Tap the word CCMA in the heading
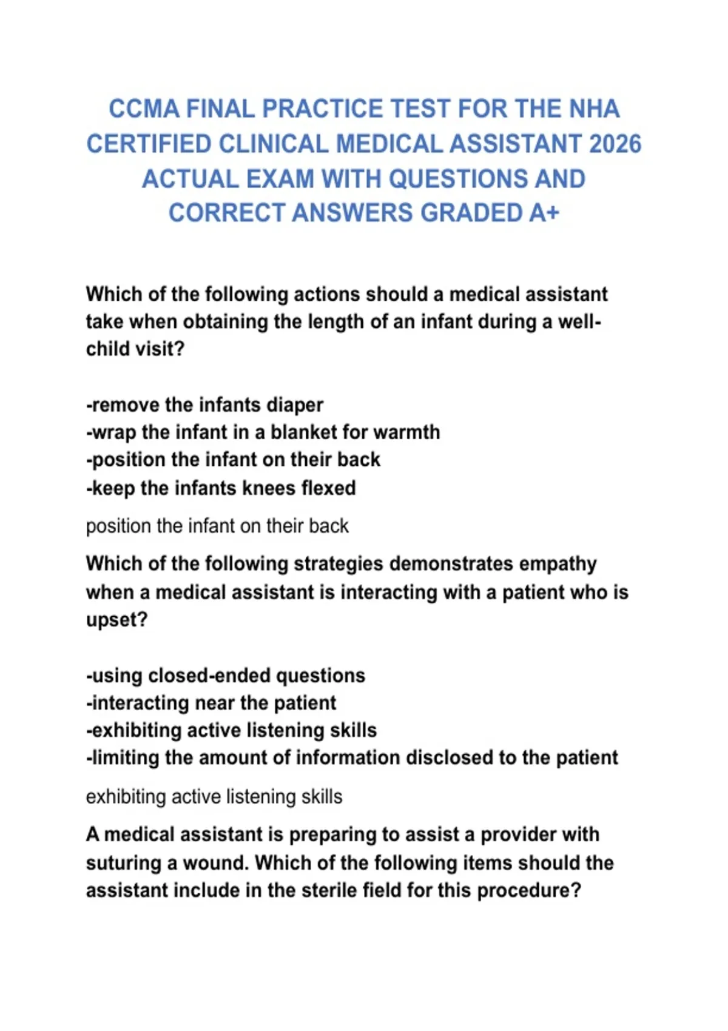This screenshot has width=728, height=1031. coord(144,109)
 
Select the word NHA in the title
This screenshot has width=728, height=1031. coord(594,109)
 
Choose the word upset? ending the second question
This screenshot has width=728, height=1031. coord(117,620)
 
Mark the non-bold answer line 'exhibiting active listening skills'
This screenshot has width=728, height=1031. coord(214,796)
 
